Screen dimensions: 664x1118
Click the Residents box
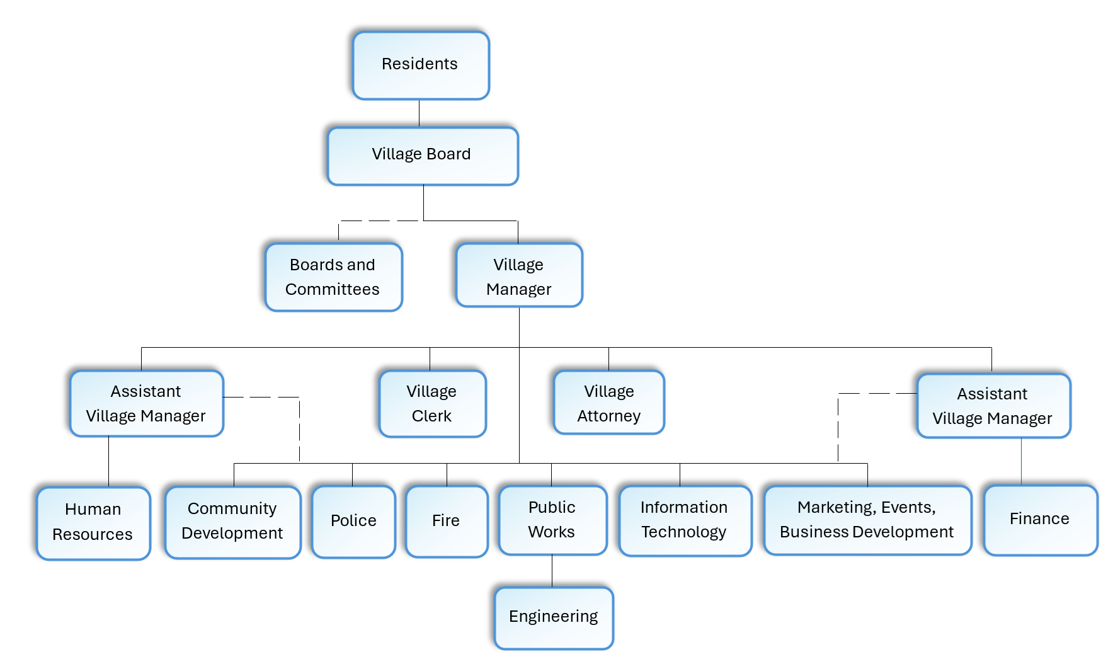421,66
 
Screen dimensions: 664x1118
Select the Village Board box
423,156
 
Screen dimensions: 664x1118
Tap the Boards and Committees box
333,277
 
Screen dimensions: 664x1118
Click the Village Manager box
519,276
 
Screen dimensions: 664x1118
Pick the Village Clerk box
432,403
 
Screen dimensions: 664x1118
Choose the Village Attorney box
608,403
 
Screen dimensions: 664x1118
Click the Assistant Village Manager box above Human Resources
146,403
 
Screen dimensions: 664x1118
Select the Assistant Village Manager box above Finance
993,406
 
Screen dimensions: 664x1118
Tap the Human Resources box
93,522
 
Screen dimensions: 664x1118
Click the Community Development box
232,521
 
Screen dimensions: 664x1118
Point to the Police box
353,521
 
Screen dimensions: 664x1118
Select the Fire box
446,521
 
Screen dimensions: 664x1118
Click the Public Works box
552,520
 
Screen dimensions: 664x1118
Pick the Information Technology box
685,520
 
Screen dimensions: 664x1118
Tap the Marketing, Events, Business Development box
867,520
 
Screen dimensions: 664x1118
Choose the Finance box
1040,520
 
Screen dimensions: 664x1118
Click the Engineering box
554,617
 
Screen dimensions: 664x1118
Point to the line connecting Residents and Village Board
419,113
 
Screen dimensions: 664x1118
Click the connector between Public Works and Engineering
552,571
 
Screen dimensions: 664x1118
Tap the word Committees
333,290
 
